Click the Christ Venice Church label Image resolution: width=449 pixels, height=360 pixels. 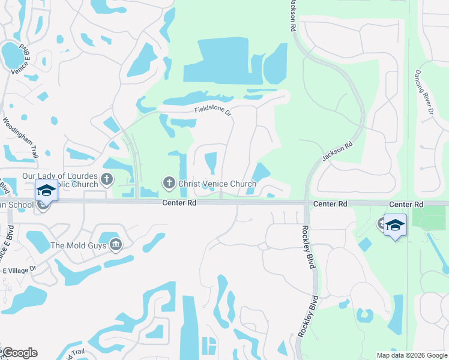(218, 182)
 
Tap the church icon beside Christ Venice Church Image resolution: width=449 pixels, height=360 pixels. (169, 182)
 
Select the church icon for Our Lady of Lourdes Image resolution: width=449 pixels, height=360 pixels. (107, 178)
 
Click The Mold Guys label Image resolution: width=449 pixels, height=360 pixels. (78, 245)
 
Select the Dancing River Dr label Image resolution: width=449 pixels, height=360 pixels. (423, 92)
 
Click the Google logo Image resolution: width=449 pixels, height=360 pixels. (19, 353)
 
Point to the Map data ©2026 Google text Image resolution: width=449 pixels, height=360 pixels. (411, 355)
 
